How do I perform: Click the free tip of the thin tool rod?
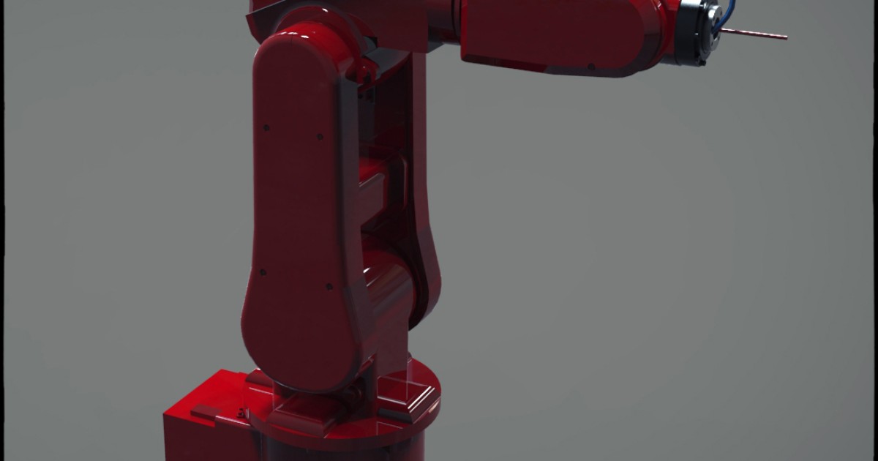(x=785, y=37)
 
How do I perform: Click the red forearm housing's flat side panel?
(x=556, y=33)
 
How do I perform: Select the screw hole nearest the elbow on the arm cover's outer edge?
(x=266, y=127)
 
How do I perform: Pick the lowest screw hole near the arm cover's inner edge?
(x=329, y=286)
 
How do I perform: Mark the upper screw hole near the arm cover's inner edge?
(x=320, y=136)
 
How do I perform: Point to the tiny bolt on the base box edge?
(x=241, y=412)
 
